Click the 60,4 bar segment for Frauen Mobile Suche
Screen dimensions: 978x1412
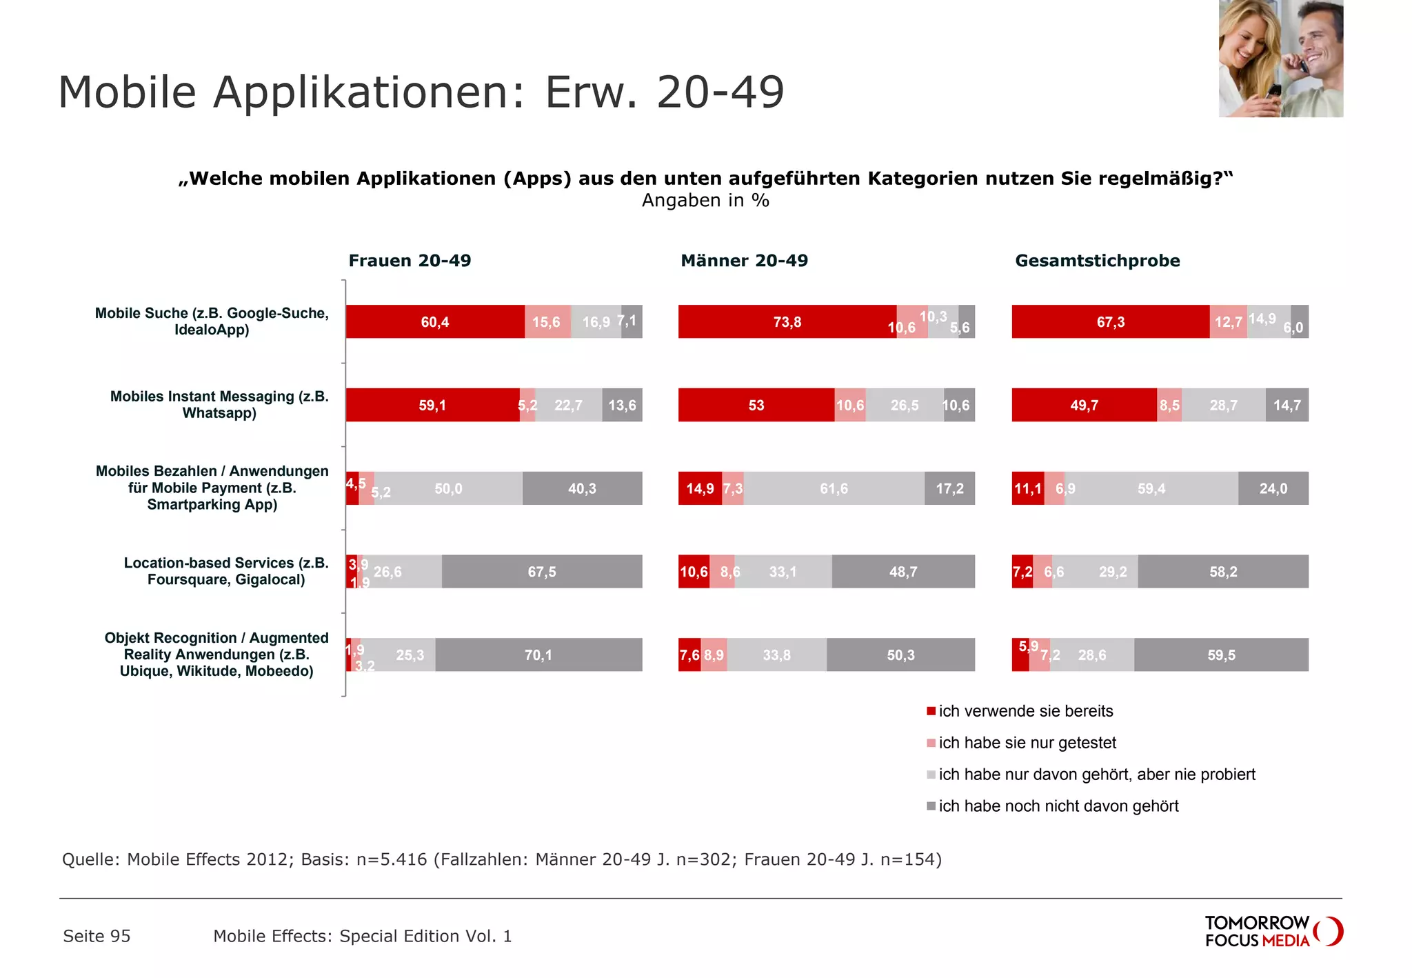point(434,322)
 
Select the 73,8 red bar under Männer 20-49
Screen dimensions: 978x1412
point(787,322)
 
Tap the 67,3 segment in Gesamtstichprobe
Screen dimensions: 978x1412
point(1110,322)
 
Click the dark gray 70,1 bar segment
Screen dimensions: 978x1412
point(538,655)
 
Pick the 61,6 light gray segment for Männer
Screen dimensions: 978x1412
point(834,488)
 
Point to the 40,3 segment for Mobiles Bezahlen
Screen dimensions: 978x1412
point(582,488)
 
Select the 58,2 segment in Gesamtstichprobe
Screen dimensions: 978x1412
point(1222,572)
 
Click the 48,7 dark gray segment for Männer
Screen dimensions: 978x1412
point(902,572)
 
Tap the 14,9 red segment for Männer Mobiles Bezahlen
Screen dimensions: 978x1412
point(699,488)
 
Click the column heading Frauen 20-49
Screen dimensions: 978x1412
point(410,261)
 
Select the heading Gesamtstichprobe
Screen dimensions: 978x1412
point(1097,261)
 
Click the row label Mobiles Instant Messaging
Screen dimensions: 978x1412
point(219,405)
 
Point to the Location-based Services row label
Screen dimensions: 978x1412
point(225,571)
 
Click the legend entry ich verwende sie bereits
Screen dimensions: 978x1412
point(1025,711)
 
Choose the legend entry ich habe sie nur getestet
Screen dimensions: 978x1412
point(1027,743)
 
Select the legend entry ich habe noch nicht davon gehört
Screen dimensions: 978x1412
point(1058,806)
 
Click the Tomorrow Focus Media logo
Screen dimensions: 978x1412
point(1273,931)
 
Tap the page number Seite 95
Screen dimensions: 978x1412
point(97,936)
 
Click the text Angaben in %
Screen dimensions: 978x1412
point(705,201)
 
